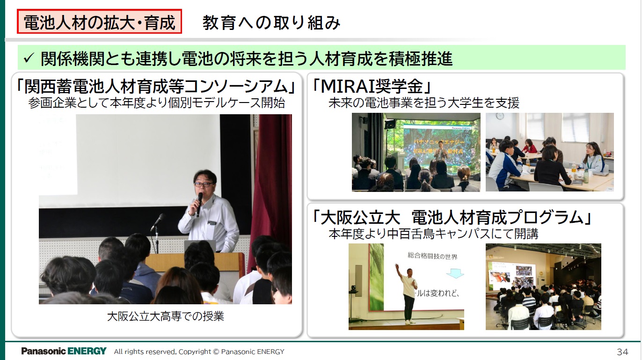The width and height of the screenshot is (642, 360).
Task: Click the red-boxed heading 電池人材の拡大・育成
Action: pyautogui.click(x=99, y=22)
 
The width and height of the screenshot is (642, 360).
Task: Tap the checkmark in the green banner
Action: pyautogui.click(x=28, y=59)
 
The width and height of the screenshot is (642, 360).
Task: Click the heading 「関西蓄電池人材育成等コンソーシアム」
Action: pyautogui.click(x=157, y=86)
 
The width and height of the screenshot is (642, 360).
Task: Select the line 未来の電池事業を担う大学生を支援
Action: pyautogui.click(x=423, y=103)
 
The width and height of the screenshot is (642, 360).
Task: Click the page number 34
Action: pyautogui.click(x=622, y=352)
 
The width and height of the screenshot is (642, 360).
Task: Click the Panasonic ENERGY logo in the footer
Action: pyautogui.click(x=64, y=351)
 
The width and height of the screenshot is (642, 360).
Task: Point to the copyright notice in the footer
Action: pyautogui.click(x=199, y=352)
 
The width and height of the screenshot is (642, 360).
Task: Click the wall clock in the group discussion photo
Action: pyautogui.click(x=500, y=116)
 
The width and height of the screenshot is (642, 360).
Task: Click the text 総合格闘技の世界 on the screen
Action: pyautogui.click(x=432, y=256)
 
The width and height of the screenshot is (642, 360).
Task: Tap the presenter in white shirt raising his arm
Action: pyautogui.click(x=407, y=293)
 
